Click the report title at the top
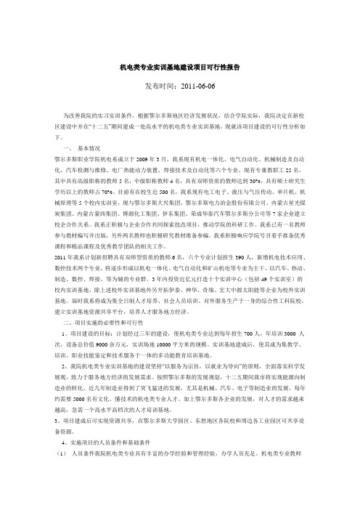[179, 68]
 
